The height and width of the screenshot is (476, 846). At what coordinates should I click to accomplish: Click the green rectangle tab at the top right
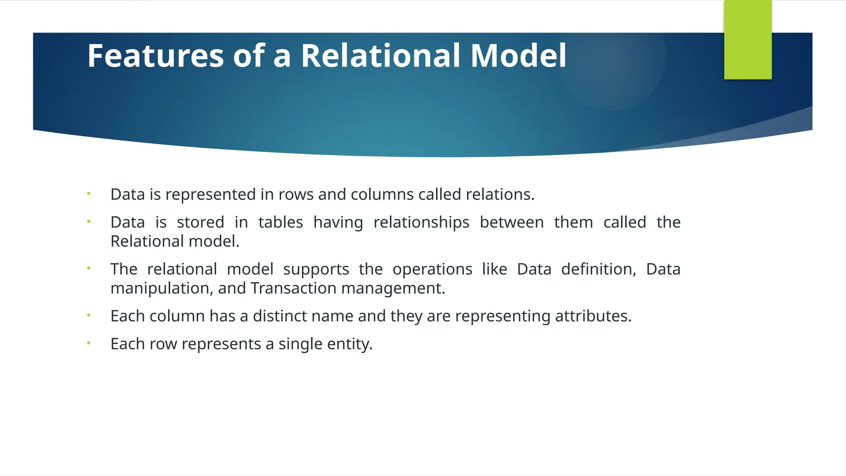click(748, 40)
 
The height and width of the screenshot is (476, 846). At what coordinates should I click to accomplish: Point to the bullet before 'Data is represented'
click(88, 193)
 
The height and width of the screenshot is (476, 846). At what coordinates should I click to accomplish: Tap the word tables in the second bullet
click(280, 222)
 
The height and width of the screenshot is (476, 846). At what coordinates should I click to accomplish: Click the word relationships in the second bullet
click(421, 222)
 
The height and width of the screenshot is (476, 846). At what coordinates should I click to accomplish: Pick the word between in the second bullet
click(511, 222)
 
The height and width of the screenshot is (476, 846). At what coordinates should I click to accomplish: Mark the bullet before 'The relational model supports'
click(88, 268)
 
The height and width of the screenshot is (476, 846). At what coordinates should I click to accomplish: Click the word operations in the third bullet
click(432, 269)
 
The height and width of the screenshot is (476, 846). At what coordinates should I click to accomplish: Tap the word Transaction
click(293, 288)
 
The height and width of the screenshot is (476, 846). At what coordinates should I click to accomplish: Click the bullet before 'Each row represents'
click(88, 343)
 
